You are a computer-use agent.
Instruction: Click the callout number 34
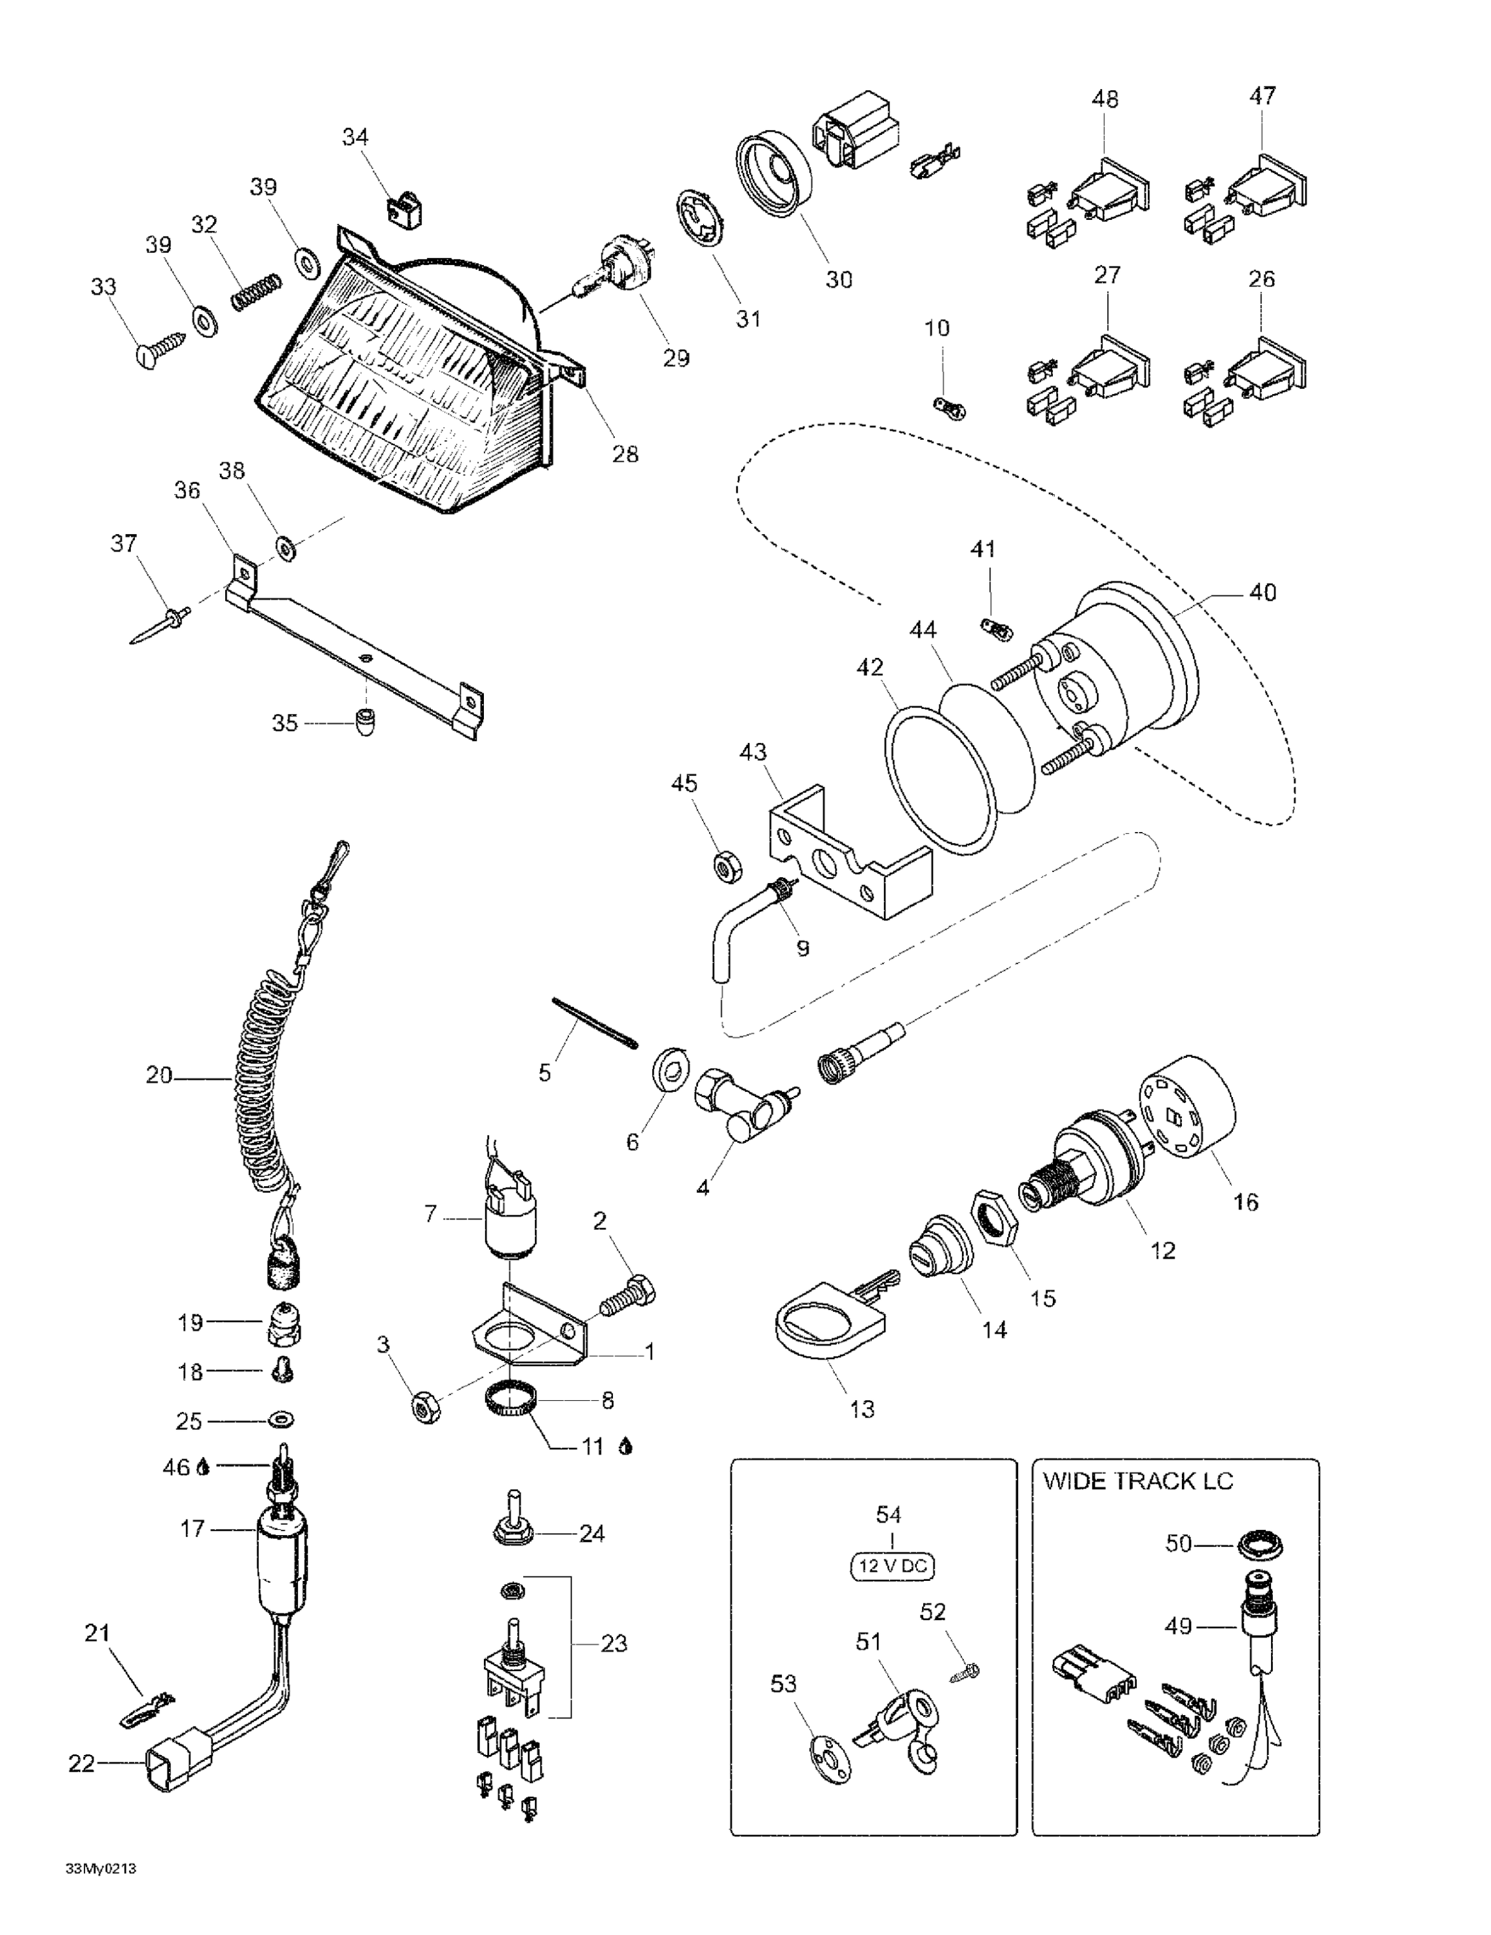[x=355, y=137]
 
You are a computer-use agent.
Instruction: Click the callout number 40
[x=1261, y=592]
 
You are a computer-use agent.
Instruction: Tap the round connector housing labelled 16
[x=1188, y=1107]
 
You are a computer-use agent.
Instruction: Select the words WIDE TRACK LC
[x=1137, y=1480]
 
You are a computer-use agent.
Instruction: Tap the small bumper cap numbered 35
[x=365, y=722]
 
